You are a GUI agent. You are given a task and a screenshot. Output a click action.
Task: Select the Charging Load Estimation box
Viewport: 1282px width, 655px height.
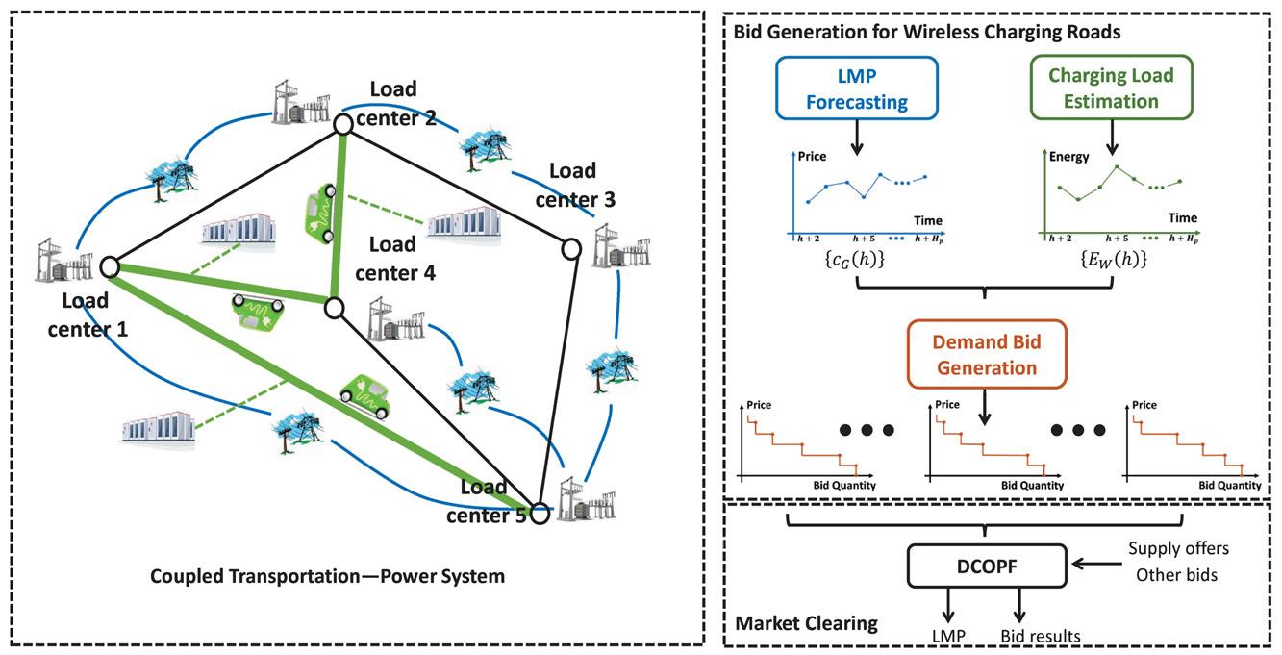coord(1111,88)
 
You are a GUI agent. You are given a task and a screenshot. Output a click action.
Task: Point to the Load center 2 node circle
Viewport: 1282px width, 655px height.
coord(342,124)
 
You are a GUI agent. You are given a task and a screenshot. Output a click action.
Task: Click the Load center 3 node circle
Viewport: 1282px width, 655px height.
coord(570,249)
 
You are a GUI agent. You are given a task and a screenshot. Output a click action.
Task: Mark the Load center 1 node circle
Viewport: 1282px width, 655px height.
coord(109,265)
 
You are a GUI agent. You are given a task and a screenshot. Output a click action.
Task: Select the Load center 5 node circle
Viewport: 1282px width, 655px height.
coord(540,514)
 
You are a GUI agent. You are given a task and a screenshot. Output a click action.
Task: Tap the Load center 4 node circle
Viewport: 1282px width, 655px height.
coord(334,308)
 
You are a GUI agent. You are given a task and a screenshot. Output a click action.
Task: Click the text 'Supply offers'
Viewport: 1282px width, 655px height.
coord(1178,549)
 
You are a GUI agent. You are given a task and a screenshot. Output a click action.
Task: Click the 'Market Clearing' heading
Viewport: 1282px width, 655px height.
coord(806,623)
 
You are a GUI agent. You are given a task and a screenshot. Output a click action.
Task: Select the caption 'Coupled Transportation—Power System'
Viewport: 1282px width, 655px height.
coord(327,577)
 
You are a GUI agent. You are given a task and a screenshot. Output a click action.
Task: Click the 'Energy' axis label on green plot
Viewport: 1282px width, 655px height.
coord(1068,156)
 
